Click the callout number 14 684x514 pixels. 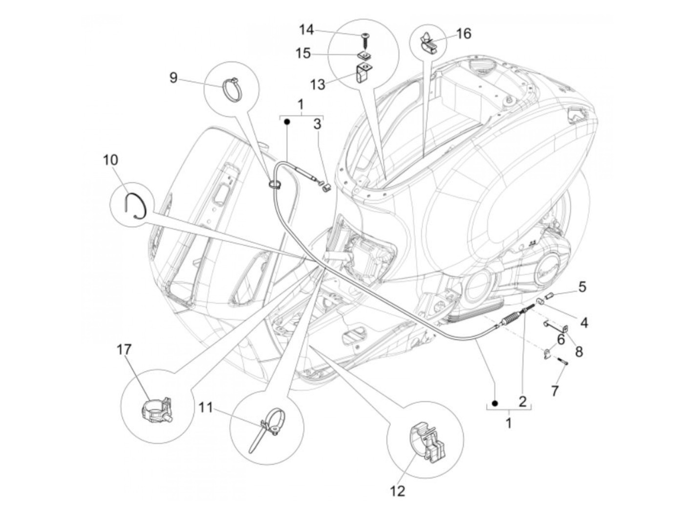tap(306, 30)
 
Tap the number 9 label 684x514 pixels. tap(173, 78)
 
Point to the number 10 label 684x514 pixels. tap(110, 159)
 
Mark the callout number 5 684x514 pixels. tap(582, 286)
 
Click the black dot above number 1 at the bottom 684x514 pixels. tap(495, 403)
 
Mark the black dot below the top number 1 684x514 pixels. tap(287, 122)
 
